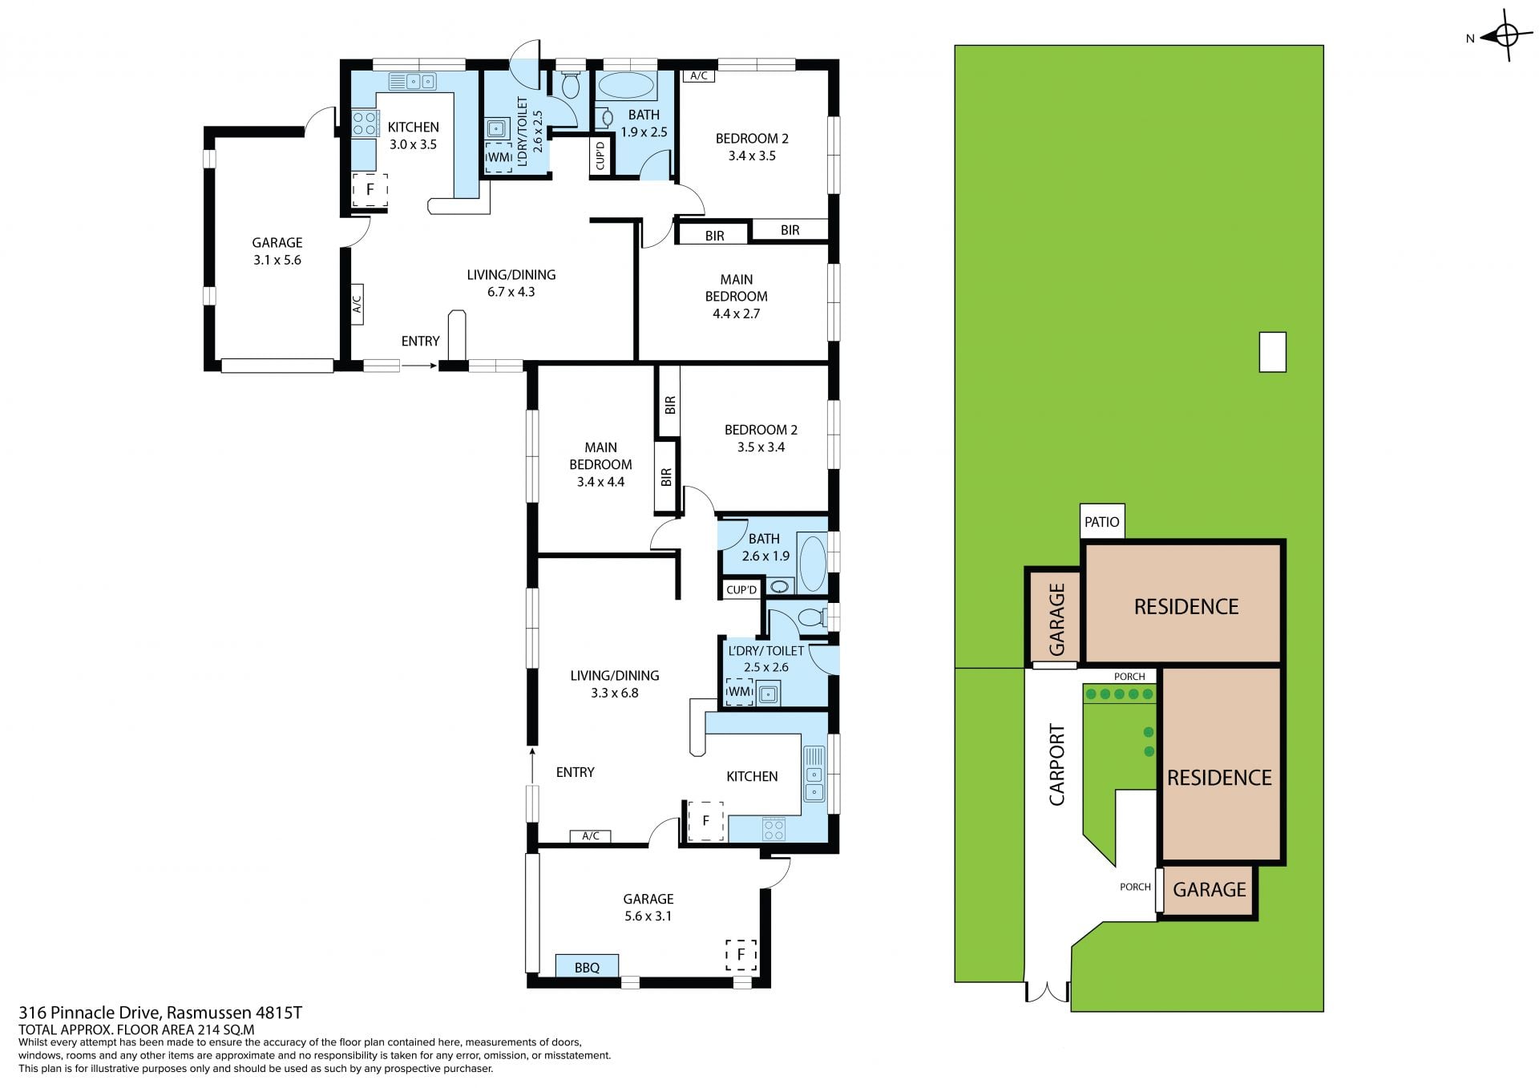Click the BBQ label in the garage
click(587, 968)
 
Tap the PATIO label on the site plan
click(1101, 522)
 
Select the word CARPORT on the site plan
click(1057, 765)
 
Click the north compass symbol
click(1506, 35)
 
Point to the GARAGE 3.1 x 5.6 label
click(277, 251)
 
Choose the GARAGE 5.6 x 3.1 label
click(648, 908)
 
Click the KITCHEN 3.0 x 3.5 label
click(413, 135)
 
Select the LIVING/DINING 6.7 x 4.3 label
click(511, 283)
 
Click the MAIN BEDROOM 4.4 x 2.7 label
click(736, 297)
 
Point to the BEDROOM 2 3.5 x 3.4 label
click(761, 439)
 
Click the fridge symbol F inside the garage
click(741, 954)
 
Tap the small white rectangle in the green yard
click(1272, 352)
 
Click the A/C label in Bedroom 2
click(699, 76)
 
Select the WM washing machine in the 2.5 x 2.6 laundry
click(739, 691)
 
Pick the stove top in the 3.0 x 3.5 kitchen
click(365, 123)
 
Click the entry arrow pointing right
click(419, 366)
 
